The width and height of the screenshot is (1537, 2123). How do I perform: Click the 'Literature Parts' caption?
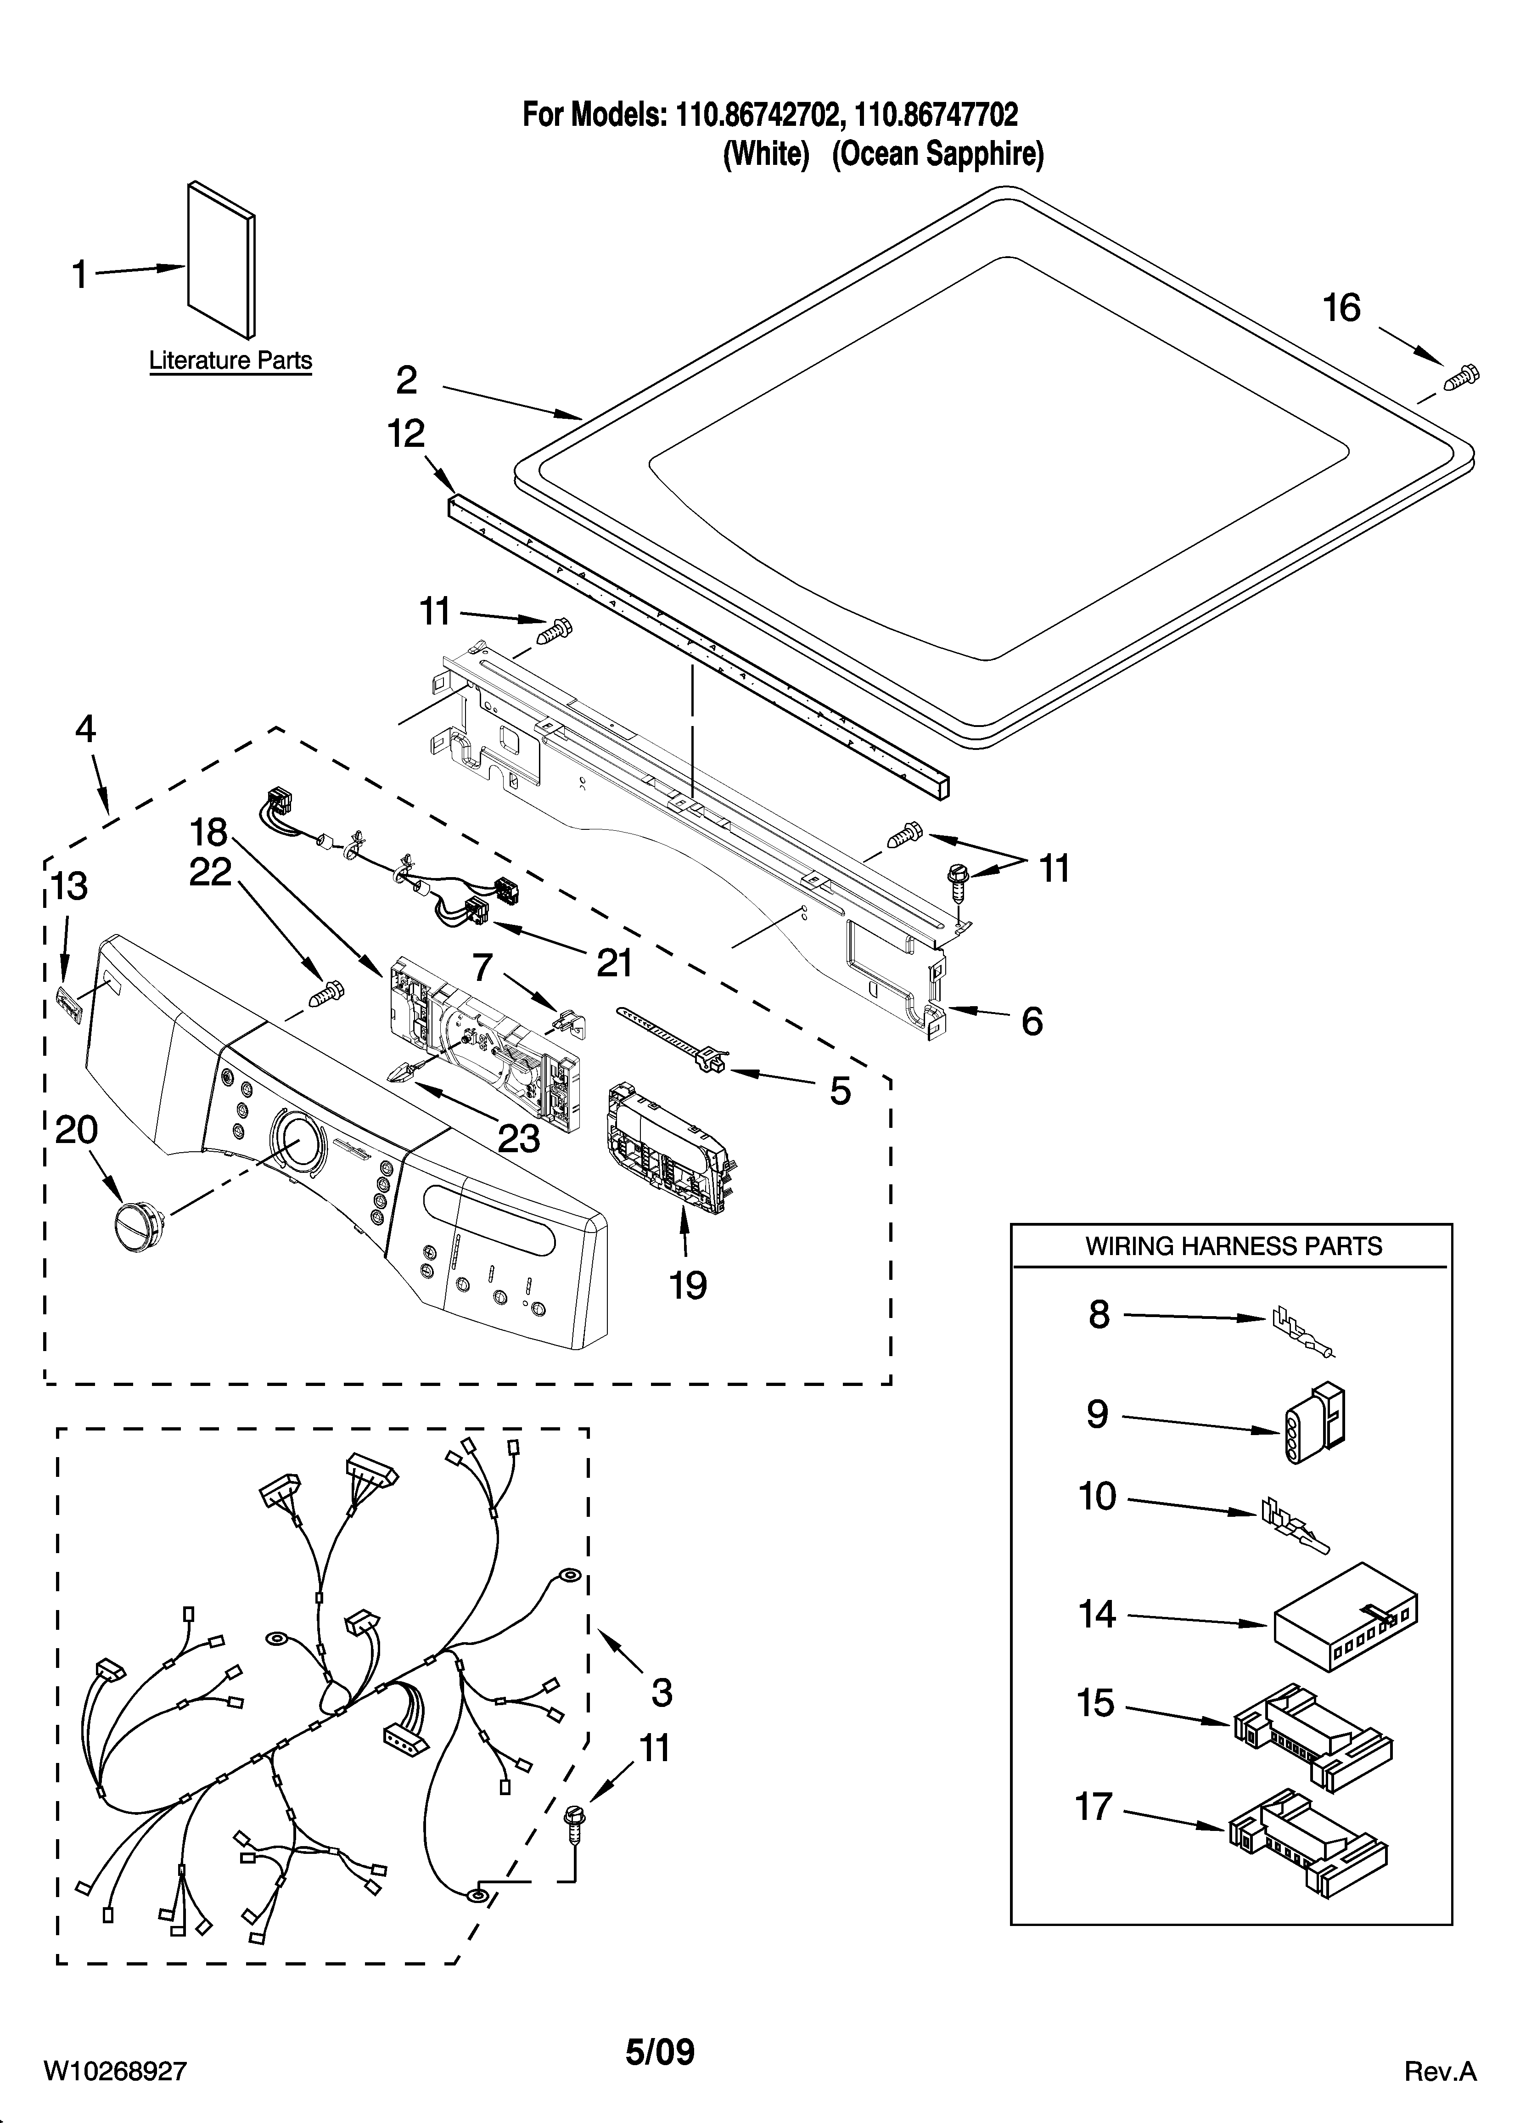(x=230, y=360)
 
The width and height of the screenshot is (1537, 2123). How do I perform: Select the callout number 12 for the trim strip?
(x=406, y=434)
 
